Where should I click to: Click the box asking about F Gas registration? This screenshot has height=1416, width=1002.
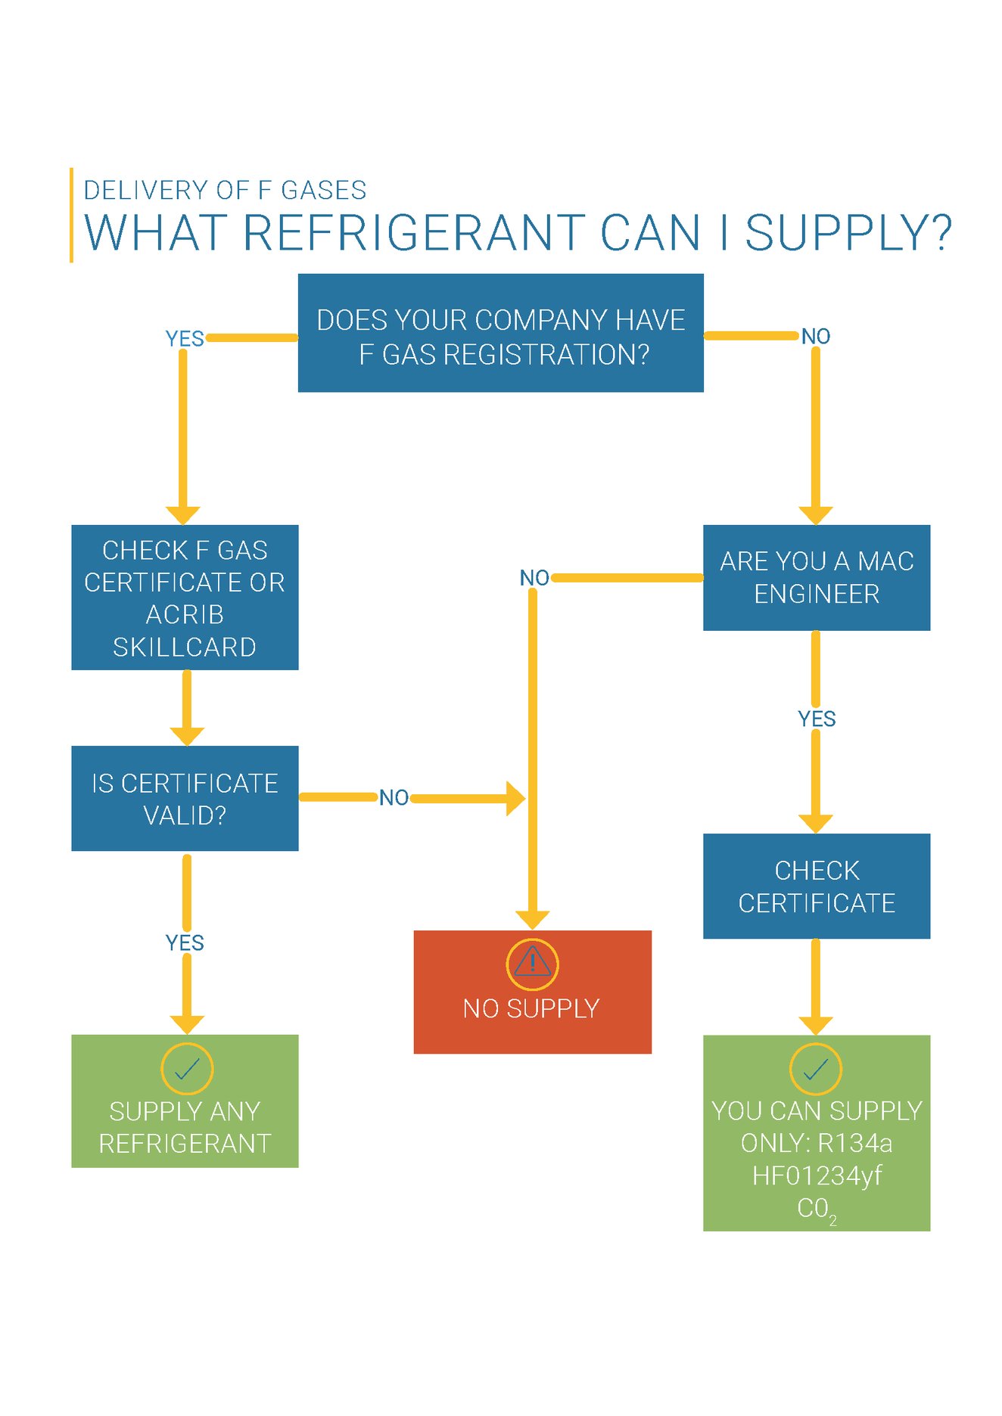coord(500,333)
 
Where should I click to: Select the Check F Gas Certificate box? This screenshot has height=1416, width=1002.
coord(185,598)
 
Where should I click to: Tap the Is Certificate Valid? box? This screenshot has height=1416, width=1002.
coord(185,799)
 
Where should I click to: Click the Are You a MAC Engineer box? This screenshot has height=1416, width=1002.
coord(816,578)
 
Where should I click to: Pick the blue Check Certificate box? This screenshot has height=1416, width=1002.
coord(816,887)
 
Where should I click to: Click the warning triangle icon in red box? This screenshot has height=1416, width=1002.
coord(532,963)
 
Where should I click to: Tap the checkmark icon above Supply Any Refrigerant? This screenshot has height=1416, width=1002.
coord(187,1068)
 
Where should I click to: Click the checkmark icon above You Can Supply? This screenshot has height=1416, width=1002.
coord(815,1068)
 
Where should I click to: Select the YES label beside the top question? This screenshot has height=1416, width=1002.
coord(185,339)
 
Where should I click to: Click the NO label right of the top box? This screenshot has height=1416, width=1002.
coord(816,337)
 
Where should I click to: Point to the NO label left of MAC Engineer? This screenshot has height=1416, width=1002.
coord(534,578)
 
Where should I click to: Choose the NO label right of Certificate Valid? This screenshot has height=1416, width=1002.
coord(394,798)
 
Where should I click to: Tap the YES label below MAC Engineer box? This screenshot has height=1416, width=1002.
coord(817,719)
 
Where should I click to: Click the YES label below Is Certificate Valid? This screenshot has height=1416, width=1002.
coord(185,943)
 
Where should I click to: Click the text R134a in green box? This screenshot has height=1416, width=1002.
coord(854,1143)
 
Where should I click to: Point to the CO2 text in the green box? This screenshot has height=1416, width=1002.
coord(816,1209)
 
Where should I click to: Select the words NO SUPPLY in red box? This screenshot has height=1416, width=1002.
coord(531,1009)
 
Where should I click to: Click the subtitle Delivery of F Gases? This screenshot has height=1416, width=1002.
coord(225,190)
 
